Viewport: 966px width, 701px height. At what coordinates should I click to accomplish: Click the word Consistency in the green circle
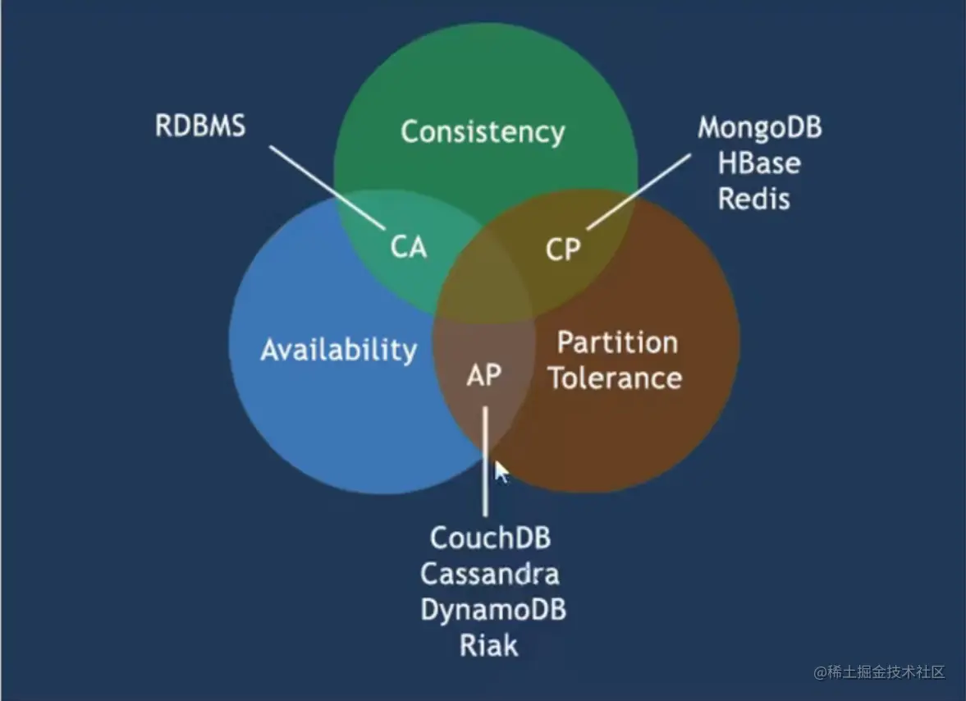[x=483, y=131]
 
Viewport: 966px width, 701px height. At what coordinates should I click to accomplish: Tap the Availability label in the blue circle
[x=338, y=350]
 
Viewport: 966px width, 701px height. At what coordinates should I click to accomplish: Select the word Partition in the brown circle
[x=617, y=342]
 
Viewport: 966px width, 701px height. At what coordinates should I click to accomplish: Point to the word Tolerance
[x=615, y=378]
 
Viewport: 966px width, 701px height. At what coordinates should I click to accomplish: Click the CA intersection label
[x=408, y=246]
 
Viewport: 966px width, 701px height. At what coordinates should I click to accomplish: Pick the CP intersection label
[x=563, y=249]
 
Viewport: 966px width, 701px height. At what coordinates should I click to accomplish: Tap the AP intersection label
[x=484, y=374]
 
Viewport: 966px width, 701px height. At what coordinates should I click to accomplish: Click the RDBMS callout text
[x=200, y=127]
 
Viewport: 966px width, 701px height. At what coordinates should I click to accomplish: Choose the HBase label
[x=759, y=163]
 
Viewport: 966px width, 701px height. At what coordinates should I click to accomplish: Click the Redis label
[x=754, y=199]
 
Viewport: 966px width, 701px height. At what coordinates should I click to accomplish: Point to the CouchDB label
[x=490, y=538]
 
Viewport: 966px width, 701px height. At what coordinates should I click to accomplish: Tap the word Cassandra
[x=490, y=574]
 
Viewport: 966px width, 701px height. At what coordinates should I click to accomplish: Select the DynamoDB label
[x=492, y=610]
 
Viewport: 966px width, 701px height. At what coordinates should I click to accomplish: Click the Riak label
[x=489, y=645]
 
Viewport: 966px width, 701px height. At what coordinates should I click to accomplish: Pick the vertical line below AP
[x=485, y=460]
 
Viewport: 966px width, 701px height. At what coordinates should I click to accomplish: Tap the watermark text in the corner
[x=880, y=672]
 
